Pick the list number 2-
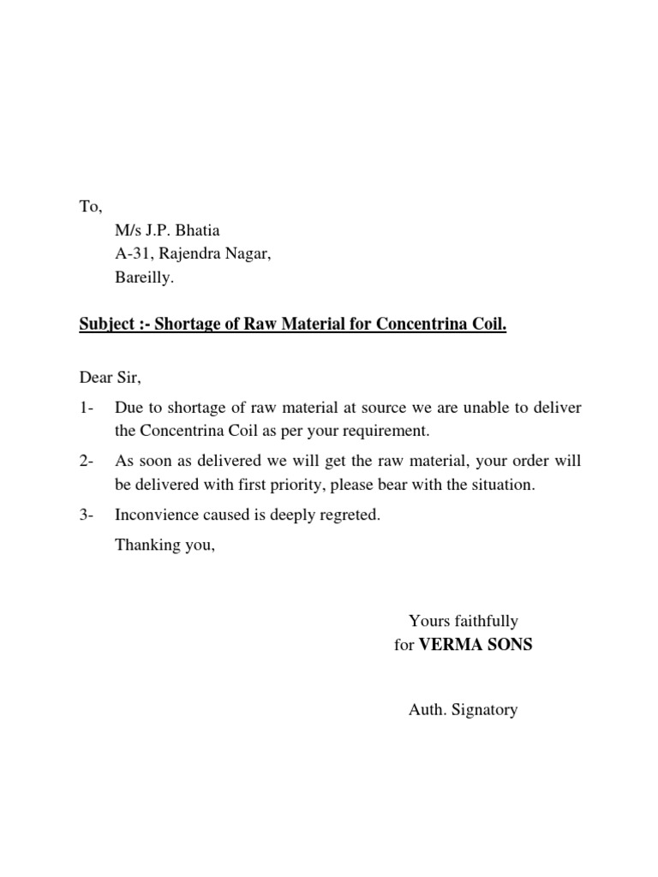87,461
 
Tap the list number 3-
87,517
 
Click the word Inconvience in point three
156,517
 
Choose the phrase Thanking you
164,545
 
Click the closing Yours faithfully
464,621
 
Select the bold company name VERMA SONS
476,645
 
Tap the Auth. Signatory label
464,709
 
